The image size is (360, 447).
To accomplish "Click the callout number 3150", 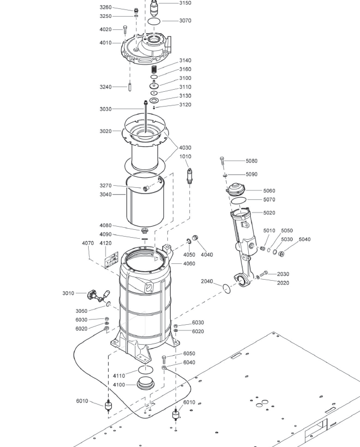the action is (185, 3).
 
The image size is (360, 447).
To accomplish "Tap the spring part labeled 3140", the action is (154, 69).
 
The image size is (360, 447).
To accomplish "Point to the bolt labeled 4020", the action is (125, 29).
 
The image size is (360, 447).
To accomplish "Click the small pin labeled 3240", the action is (130, 87).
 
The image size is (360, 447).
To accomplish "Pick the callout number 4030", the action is (185, 147).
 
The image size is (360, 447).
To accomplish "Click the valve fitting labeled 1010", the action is (189, 176).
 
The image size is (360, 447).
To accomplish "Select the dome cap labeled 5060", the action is (236, 189).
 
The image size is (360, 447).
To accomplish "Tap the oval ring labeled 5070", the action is (238, 200).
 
